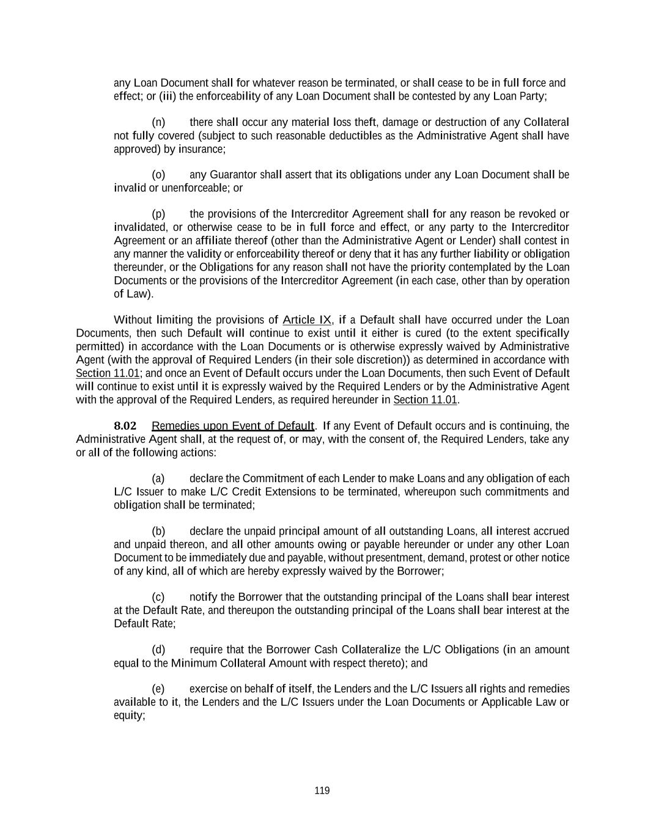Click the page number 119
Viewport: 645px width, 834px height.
click(322, 791)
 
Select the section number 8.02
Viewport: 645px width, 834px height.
click(125, 426)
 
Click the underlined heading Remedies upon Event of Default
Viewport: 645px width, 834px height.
click(232, 426)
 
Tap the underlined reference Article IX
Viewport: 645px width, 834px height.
click(307, 320)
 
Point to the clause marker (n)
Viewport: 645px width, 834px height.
click(158, 122)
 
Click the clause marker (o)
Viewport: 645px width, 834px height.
click(158, 175)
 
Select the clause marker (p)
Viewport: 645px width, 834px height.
click(158, 214)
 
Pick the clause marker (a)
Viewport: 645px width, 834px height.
click(158, 478)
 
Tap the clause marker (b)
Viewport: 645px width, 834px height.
click(158, 531)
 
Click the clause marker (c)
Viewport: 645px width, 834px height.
click(158, 597)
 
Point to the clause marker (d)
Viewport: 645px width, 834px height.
click(158, 649)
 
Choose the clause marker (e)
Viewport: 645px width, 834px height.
click(158, 689)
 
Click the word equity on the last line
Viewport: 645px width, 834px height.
click(129, 715)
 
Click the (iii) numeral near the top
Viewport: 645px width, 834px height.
click(168, 97)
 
